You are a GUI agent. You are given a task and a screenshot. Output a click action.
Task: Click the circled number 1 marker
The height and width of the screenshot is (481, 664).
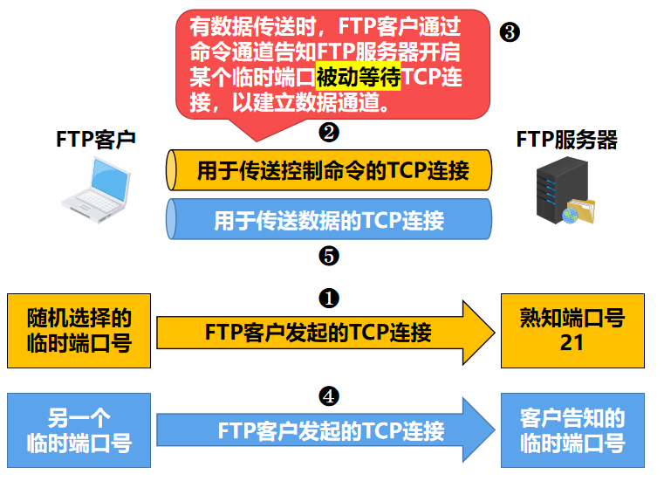(x=329, y=299)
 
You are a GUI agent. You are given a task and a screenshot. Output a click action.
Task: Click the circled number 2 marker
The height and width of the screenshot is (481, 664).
(x=329, y=133)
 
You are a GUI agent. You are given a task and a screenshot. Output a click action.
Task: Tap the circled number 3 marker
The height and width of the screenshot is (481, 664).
(x=510, y=33)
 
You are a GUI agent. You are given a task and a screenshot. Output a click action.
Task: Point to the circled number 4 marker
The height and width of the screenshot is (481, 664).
(x=329, y=396)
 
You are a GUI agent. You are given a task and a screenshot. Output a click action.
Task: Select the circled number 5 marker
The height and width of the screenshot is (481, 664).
(x=329, y=257)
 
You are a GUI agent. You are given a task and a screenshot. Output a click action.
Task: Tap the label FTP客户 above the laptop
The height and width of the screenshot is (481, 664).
(x=95, y=140)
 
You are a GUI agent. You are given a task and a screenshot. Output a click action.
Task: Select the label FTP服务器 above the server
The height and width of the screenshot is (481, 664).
(x=566, y=140)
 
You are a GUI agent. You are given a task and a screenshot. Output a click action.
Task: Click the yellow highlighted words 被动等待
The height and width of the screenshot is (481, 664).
(x=358, y=78)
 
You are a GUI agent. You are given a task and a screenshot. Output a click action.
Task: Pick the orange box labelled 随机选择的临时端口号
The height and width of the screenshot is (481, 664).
(x=79, y=330)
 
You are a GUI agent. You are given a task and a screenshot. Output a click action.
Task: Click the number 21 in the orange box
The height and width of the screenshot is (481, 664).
(x=572, y=342)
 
